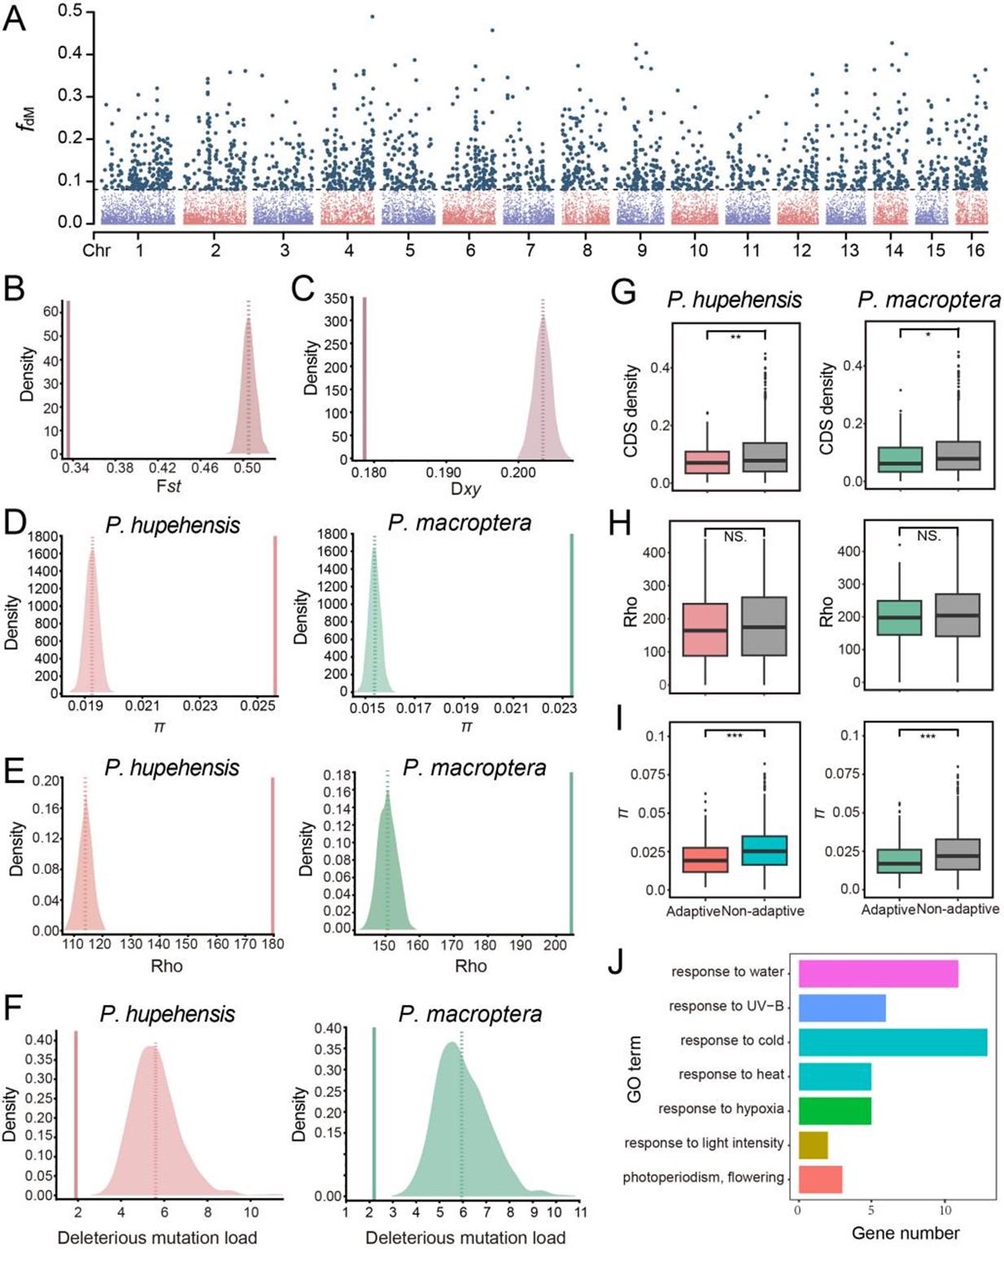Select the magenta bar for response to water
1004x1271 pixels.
point(878,973)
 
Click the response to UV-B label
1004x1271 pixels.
point(726,1007)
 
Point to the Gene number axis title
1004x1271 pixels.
point(905,1234)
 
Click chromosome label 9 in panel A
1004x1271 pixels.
point(642,250)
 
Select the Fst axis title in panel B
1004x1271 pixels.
point(167,486)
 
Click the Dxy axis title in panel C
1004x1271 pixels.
point(465,490)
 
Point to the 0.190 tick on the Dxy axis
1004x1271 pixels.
point(443,472)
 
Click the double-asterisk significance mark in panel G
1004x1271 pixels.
point(736,337)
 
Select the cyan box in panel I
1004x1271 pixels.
point(764,851)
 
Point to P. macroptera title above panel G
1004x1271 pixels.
point(928,300)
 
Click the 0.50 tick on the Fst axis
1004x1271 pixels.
point(247,468)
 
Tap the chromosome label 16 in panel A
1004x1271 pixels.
point(976,250)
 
